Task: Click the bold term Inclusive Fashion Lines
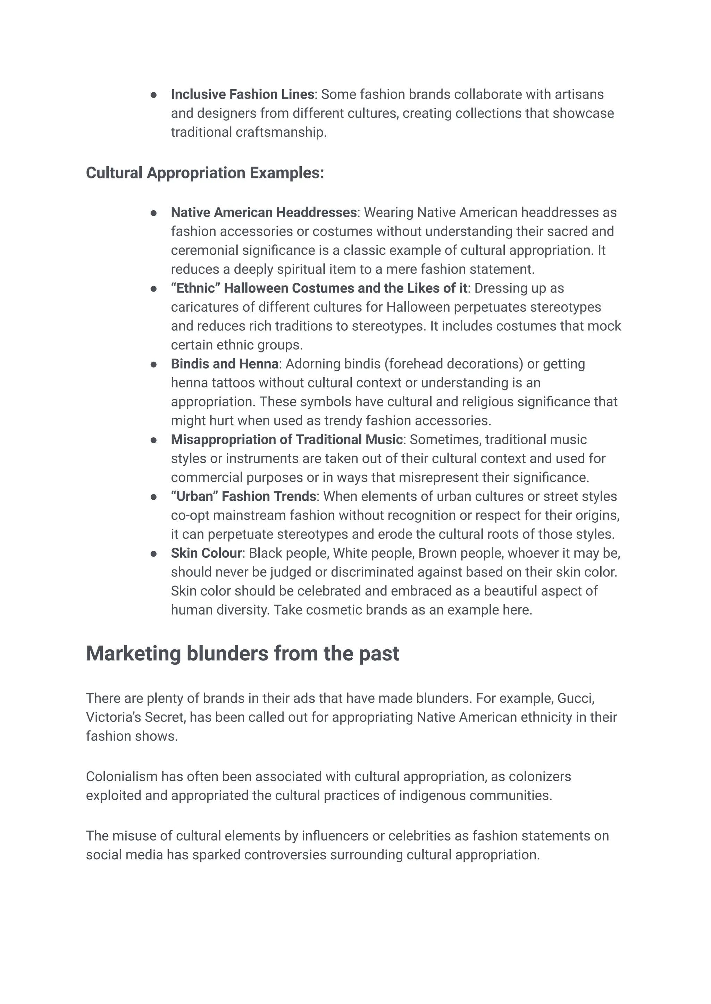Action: tap(242, 94)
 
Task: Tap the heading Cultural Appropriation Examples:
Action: tap(204, 173)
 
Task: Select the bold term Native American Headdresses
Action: tap(264, 213)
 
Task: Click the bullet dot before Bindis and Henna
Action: tap(154, 364)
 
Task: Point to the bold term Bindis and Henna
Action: tap(225, 364)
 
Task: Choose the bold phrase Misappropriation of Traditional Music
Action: tap(286, 440)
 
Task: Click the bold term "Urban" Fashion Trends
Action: tap(243, 497)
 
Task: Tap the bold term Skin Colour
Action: tap(206, 554)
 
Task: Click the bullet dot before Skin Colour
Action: tap(154, 554)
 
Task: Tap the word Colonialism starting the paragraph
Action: tap(121, 777)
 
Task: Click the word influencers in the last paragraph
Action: tap(335, 836)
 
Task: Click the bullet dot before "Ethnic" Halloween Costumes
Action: tap(154, 288)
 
